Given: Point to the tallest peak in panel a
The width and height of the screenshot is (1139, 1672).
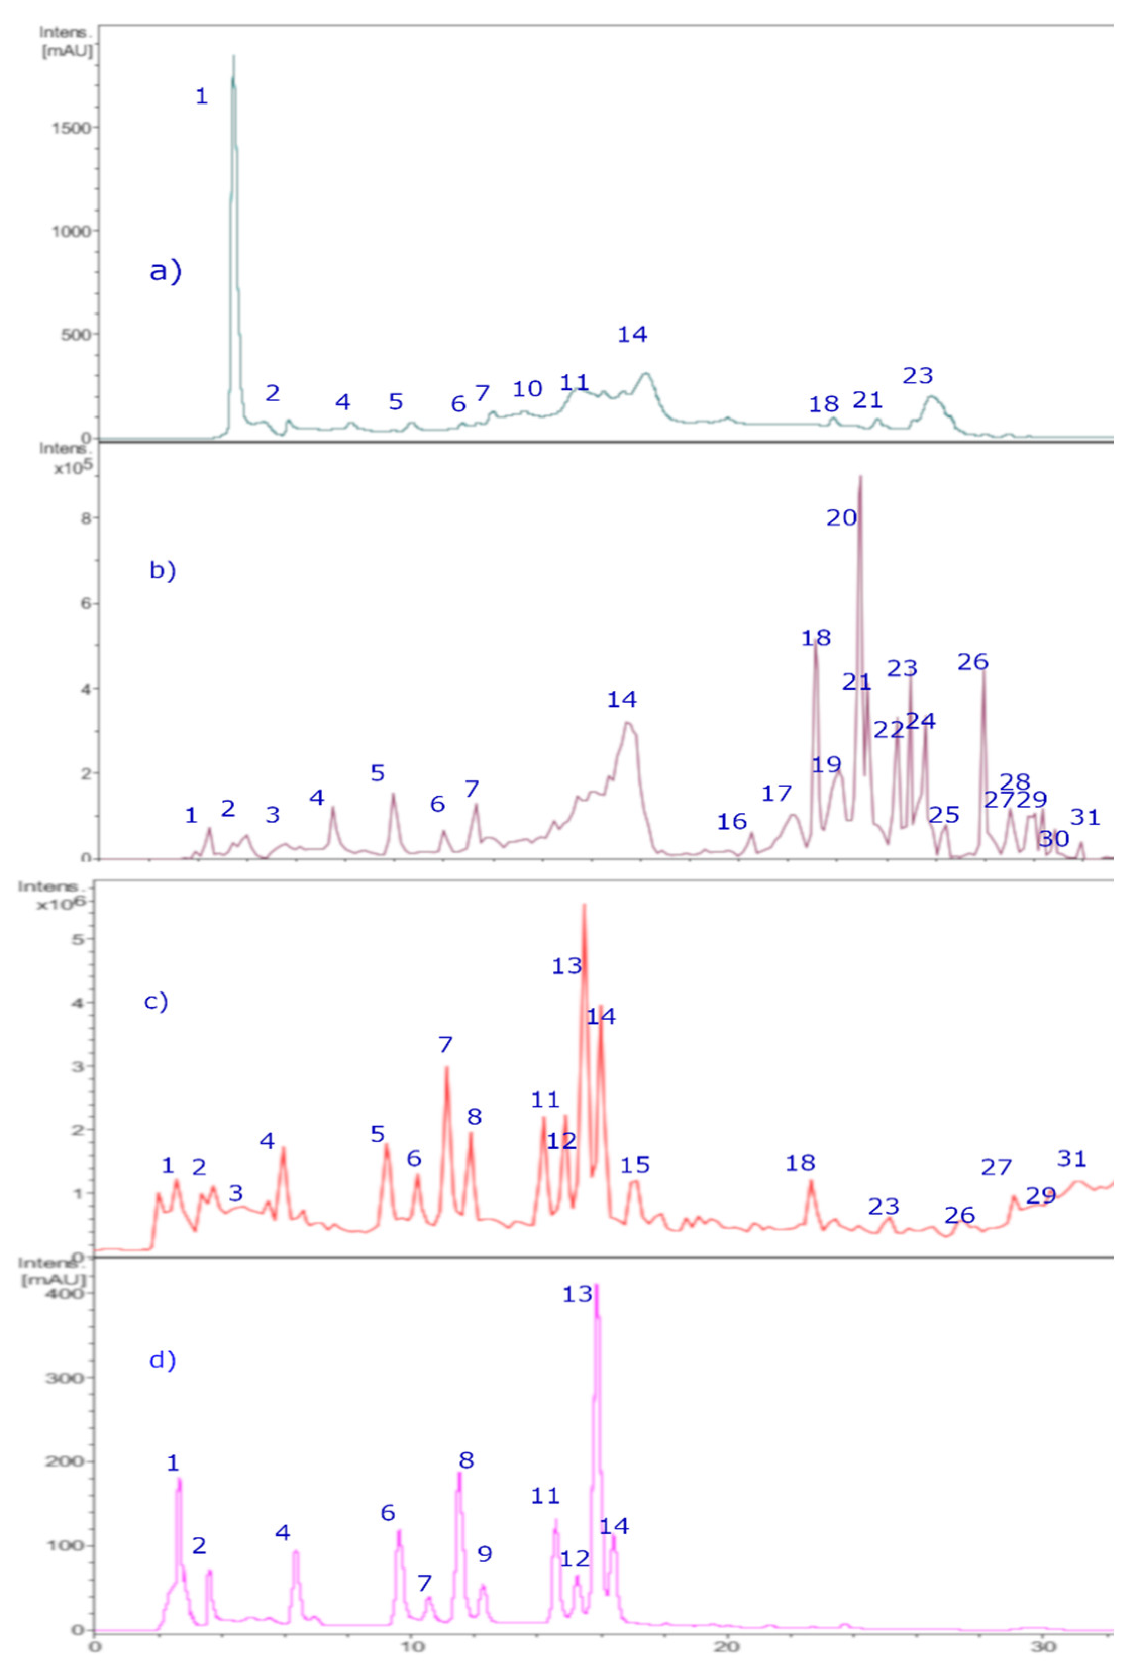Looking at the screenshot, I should pos(233,58).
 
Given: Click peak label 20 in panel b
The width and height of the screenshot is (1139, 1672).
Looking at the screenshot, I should pos(841,518).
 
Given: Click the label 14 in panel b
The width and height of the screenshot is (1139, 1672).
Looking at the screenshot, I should pos(622,699).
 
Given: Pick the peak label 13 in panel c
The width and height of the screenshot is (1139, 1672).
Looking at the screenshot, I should pos(566,966).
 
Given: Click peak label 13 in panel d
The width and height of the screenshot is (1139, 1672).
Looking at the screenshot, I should pos(577,1294).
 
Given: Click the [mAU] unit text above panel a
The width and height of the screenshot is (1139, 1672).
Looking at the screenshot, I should pos(67,52).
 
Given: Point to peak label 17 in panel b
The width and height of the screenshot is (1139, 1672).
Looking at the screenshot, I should pos(776,794).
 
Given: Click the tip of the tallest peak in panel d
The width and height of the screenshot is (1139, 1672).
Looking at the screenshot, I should pos(596,1285).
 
